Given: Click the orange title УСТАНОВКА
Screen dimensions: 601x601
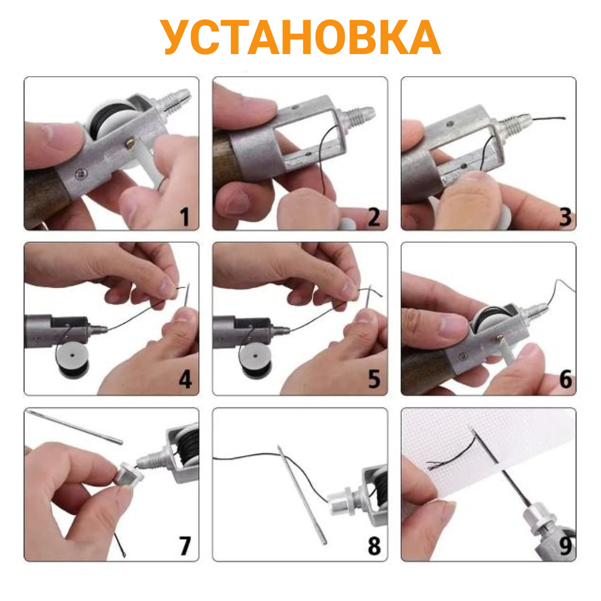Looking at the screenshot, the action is coord(300,37).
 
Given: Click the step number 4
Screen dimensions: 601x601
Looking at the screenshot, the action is coord(185,379).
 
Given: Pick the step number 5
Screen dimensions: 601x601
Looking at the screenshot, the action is coord(374,379).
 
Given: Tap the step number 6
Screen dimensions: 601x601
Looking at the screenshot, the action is coord(565,379).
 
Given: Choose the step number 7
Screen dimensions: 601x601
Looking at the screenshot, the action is coord(185,546).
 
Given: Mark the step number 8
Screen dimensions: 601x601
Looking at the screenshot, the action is coord(374,546).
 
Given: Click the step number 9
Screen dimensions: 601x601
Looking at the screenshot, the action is coord(565,546).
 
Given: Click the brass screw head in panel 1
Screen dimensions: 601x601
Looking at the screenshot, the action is coord(130,144).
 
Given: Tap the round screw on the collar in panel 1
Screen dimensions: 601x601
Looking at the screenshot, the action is coord(82,174).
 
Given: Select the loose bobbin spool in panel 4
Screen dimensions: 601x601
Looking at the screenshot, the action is coord(72,359).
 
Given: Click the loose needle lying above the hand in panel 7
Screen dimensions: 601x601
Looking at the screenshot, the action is coord(75,426).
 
